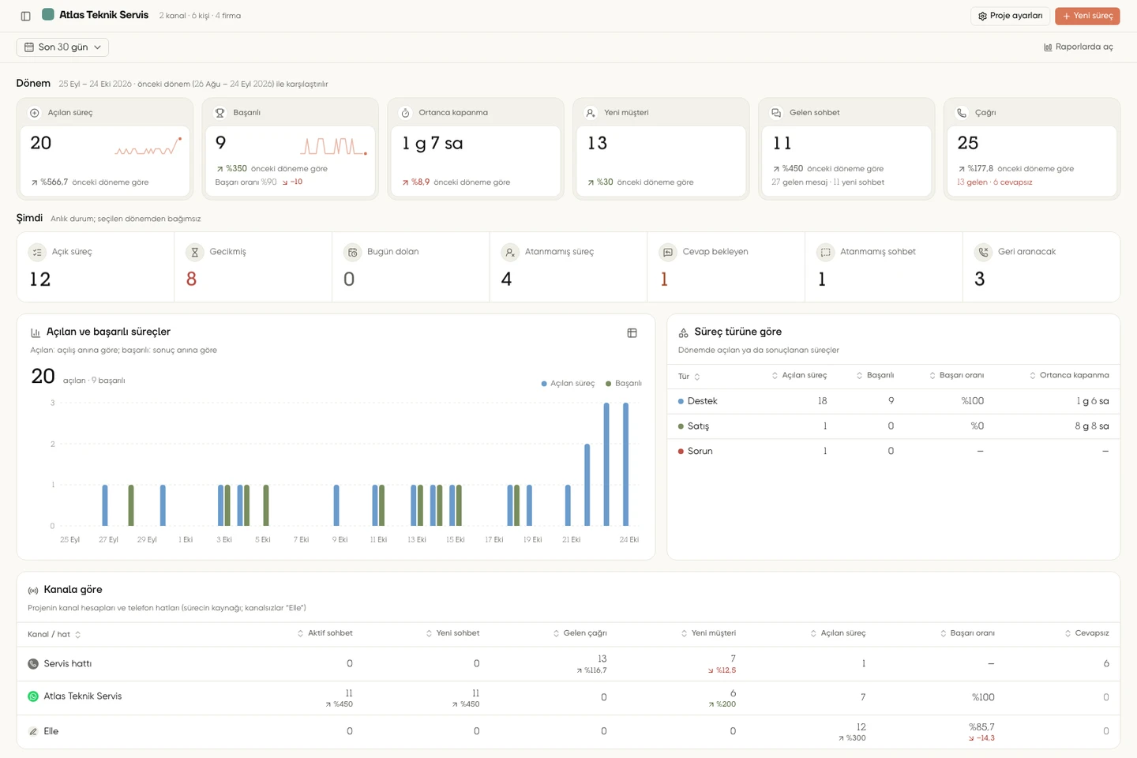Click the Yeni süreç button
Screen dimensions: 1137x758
(x=1087, y=16)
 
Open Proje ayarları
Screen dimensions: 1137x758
(x=1010, y=16)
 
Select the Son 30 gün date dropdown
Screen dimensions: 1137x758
(x=62, y=47)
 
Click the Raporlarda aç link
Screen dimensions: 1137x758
(x=1078, y=47)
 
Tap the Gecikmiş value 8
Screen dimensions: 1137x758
(x=191, y=279)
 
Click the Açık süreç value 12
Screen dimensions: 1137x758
(x=40, y=279)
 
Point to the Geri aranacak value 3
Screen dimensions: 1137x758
(x=980, y=279)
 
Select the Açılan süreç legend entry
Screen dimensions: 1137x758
(x=568, y=383)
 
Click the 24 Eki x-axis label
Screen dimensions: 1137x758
(x=629, y=539)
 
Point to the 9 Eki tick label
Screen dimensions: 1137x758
(x=340, y=539)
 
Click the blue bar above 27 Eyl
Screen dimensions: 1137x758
(x=104, y=505)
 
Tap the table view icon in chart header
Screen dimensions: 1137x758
(x=632, y=333)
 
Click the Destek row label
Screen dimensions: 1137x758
(x=702, y=401)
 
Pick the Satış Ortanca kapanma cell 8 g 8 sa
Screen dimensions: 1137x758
(x=1091, y=426)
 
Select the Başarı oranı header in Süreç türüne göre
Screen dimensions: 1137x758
(x=962, y=375)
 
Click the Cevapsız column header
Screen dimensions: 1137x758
(x=1091, y=633)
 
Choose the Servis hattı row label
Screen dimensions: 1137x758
(x=68, y=663)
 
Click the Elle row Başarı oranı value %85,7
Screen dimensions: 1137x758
(x=981, y=726)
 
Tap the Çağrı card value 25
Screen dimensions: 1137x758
(x=967, y=143)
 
